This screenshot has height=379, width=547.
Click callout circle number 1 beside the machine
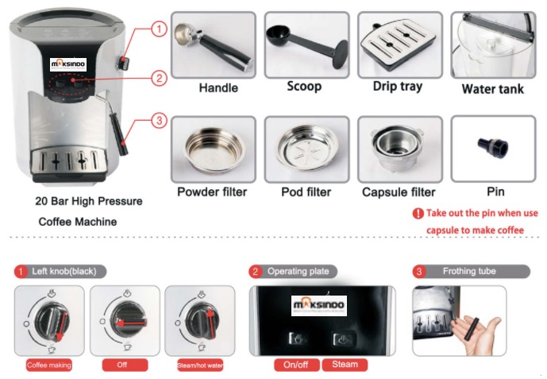pyautogui.click(x=159, y=29)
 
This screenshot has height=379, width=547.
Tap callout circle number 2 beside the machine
pyautogui.click(x=159, y=78)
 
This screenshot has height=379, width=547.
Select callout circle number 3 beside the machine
pyautogui.click(x=159, y=121)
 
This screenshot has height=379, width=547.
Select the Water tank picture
pyautogui.click(x=492, y=44)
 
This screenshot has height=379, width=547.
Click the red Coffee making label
pyautogui.click(x=49, y=365)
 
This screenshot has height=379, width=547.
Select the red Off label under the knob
pyautogui.click(x=123, y=365)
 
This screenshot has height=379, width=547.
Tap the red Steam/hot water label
pyautogui.click(x=198, y=365)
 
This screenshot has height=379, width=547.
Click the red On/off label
pyautogui.click(x=296, y=365)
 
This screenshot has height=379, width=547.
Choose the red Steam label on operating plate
pyautogui.click(x=345, y=365)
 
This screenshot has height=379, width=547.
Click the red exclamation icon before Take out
pyautogui.click(x=418, y=213)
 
